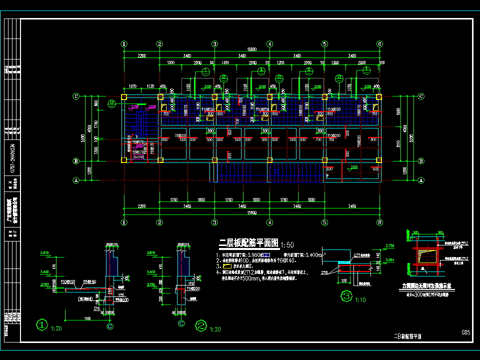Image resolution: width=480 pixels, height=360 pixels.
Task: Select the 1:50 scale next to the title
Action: click(x=287, y=245)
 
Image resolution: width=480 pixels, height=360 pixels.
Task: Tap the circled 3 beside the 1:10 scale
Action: click(x=346, y=296)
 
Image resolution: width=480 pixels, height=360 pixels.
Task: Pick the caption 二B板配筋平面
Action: click(x=407, y=336)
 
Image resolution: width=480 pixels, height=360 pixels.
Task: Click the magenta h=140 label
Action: click(x=138, y=157)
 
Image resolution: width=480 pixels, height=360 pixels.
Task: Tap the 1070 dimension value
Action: click(x=133, y=86)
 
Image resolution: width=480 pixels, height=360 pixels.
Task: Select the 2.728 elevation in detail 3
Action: click(x=390, y=245)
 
